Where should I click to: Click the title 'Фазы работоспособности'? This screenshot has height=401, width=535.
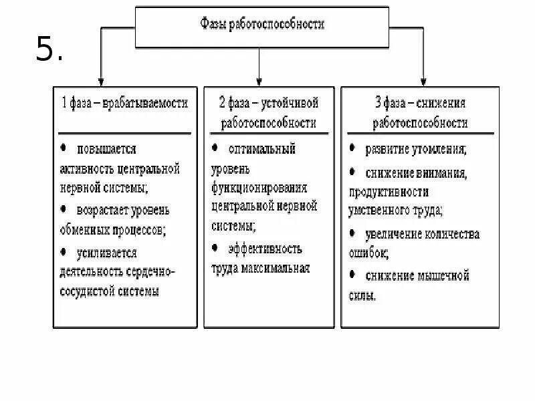point(262,25)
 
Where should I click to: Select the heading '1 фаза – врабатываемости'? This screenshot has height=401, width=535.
point(125,103)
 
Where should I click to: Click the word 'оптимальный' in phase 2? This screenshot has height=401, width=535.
point(262,148)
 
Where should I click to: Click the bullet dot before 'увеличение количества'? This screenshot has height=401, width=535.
point(352,234)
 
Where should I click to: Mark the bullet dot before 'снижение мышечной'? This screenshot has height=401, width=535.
point(352,275)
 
